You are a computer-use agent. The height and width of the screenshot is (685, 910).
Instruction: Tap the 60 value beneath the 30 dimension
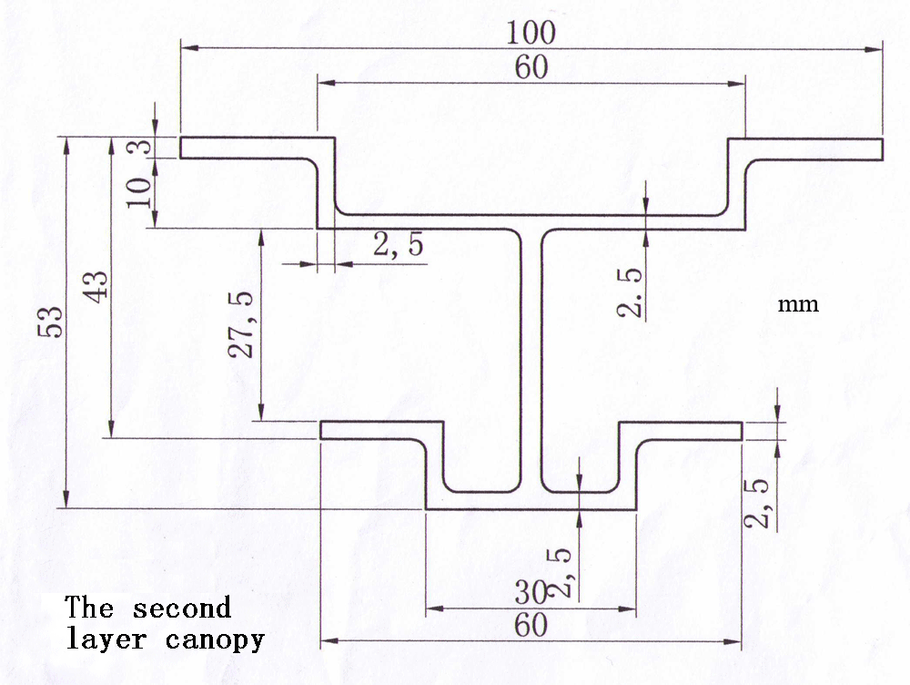click(x=531, y=626)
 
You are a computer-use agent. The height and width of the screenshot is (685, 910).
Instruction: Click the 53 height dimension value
click(x=51, y=321)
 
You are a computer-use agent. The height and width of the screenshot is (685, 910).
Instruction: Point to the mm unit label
click(x=798, y=304)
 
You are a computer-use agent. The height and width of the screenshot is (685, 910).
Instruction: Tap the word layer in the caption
click(x=106, y=639)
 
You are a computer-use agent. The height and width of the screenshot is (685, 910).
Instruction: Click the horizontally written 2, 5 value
click(x=397, y=246)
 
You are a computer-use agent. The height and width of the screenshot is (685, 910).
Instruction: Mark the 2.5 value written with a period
click(x=630, y=292)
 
